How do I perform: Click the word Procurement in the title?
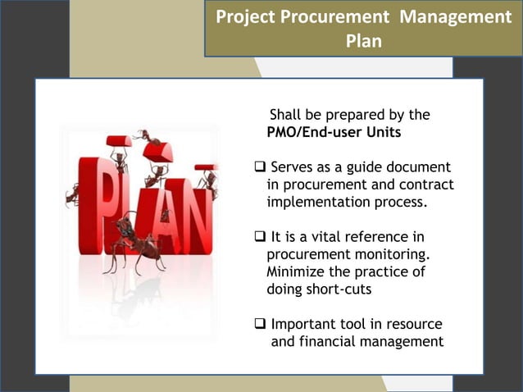(x=327, y=16)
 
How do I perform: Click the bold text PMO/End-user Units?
(x=334, y=133)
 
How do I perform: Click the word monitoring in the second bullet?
(x=389, y=255)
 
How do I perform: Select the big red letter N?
(x=194, y=209)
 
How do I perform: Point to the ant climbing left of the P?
(x=71, y=194)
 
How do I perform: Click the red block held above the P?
(x=119, y=141)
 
